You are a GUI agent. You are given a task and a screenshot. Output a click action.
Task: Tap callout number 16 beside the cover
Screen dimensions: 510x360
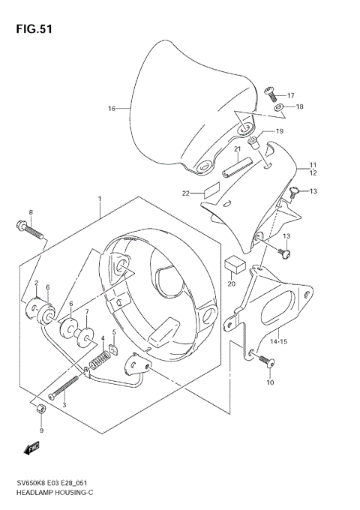coord(112,109)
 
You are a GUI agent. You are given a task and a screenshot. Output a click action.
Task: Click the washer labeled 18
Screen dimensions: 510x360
coord(279,108)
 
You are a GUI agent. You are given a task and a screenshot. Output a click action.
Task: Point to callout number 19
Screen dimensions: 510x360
coord(279,131)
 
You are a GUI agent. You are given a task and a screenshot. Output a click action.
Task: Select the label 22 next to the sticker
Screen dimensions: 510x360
coord(185,193)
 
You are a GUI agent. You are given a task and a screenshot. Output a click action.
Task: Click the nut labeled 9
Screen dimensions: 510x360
coord(41,409)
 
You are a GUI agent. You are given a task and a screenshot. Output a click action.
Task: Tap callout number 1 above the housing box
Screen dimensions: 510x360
coord(98,199)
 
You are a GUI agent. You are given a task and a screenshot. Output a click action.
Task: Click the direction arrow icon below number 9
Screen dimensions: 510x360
coord(31,448)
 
